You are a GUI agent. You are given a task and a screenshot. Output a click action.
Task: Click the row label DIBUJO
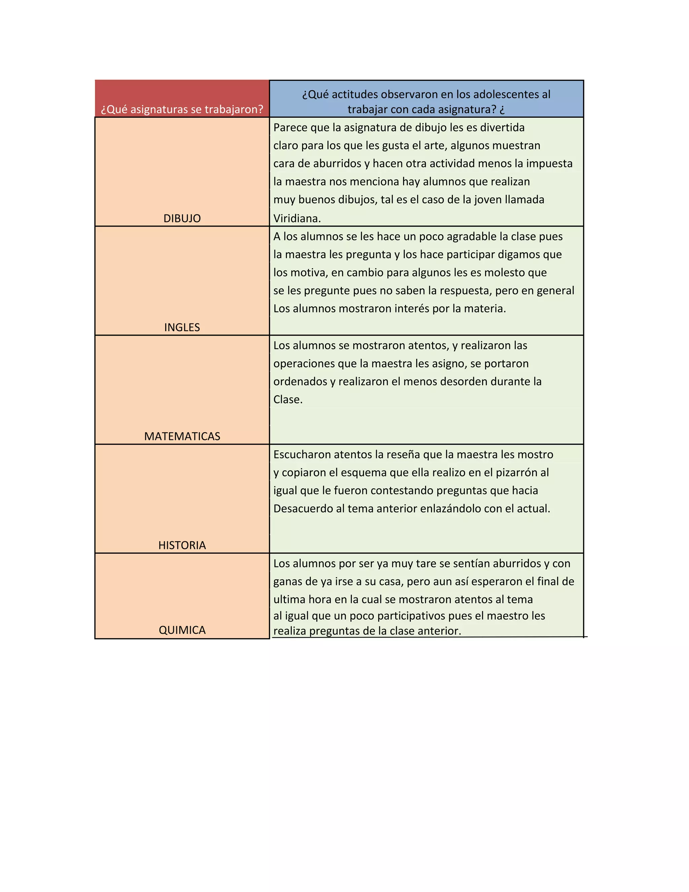(182, 218)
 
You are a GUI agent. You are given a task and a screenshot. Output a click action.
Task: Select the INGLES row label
(182, 328)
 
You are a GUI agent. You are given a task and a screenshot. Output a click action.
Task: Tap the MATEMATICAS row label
(182, 437)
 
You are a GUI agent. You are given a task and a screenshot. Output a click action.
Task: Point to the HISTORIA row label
(182, 546)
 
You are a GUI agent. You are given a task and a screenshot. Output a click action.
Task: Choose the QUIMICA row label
(182, 630)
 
